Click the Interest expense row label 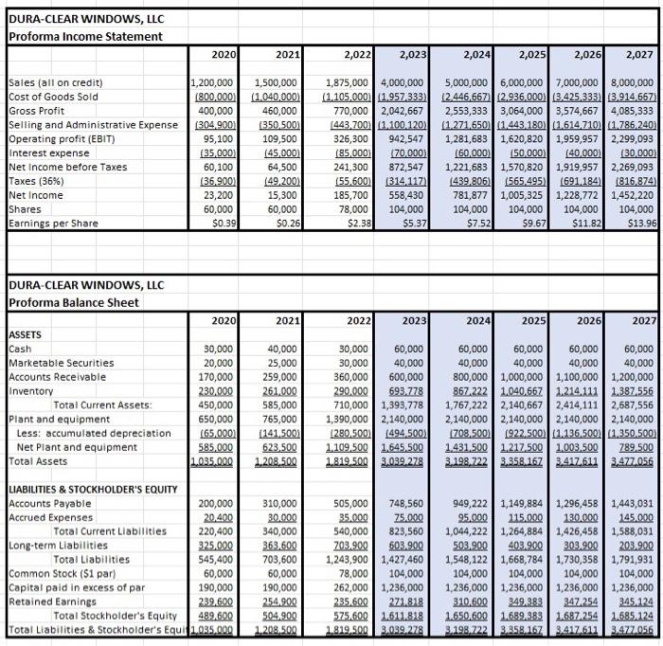click(x=49, y=153)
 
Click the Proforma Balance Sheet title click(x=73, y=302)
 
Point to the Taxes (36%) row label click(x=39, y=180)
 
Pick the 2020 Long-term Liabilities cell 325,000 click(x=214, y=545)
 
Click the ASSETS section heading click(x=26, y=334)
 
